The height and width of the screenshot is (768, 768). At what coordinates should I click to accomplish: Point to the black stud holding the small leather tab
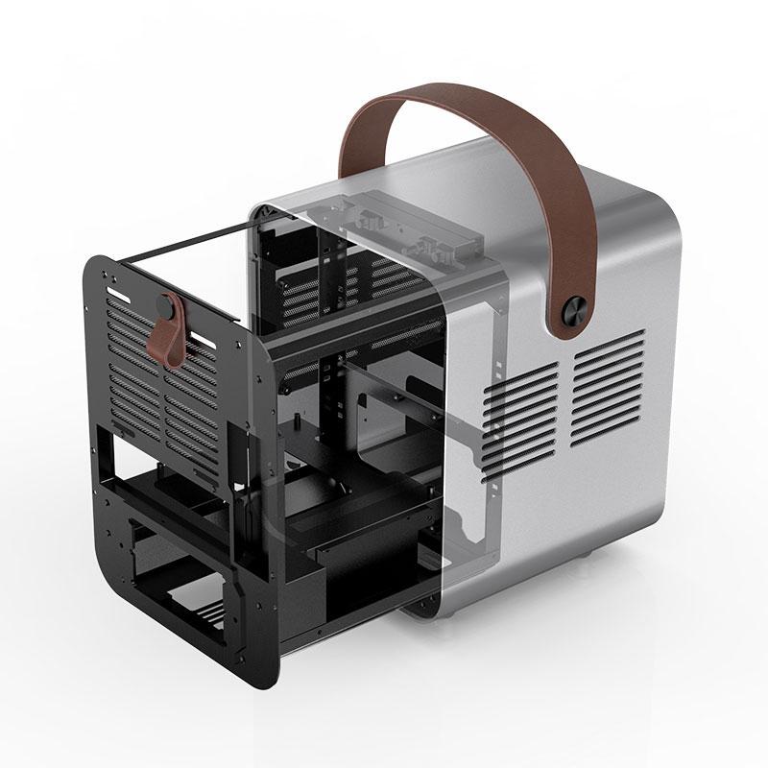click(x=171, y=309)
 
